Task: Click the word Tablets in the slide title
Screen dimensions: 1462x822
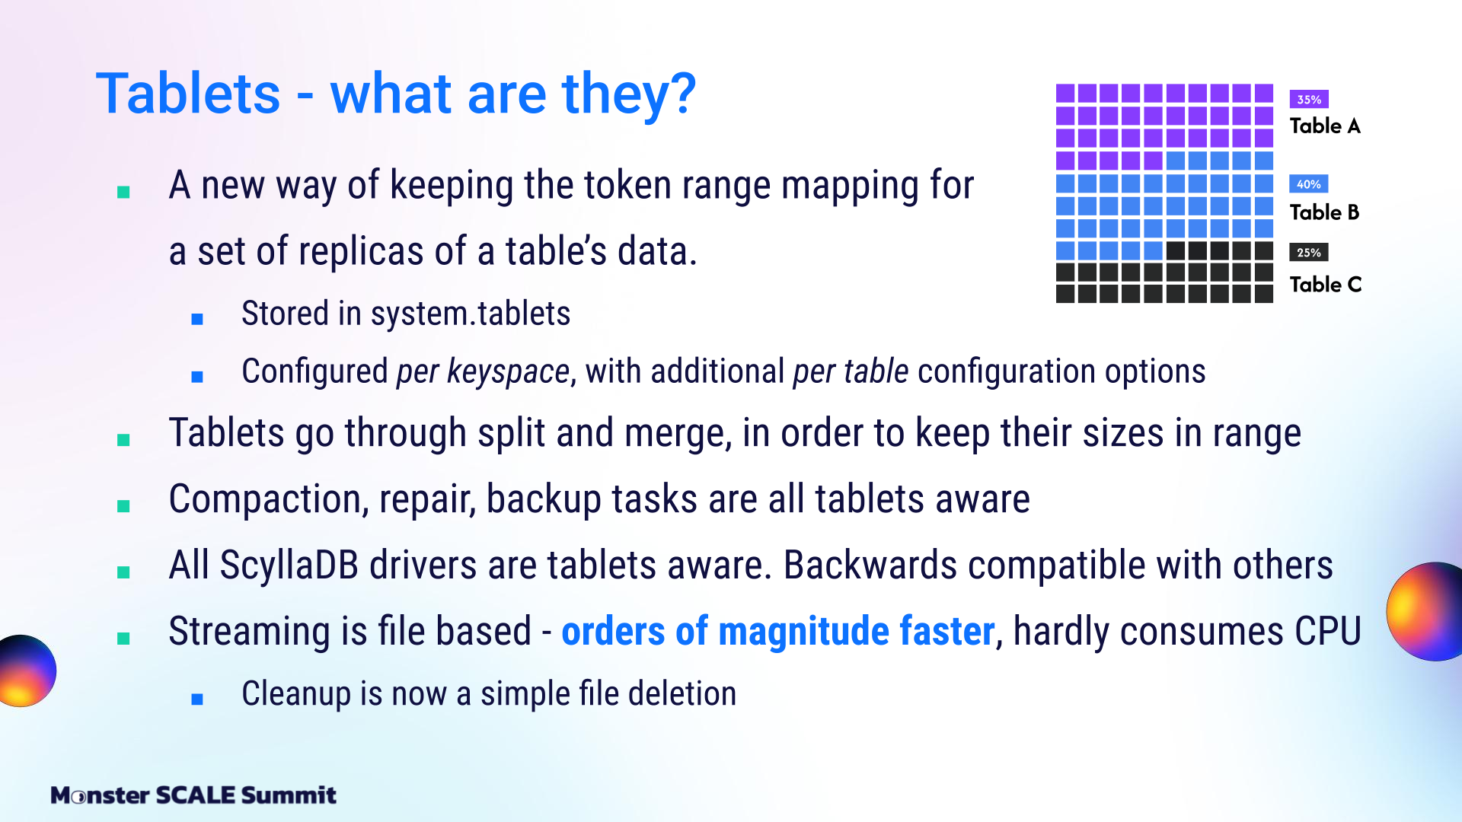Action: (189, 94)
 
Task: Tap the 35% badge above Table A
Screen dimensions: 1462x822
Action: (1309, 99)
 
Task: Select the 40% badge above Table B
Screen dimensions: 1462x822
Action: (1309, 184)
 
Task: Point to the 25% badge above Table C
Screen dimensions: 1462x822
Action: (1309, 253)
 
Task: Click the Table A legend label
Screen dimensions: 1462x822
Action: (1325, 126)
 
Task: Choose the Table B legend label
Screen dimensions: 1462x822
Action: (1325, 212)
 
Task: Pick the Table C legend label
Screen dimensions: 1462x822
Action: (1326, 285)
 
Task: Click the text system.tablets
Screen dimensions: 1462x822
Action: (471, 314)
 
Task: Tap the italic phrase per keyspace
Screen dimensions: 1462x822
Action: (483, 372)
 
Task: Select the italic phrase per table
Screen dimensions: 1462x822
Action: (851, 371)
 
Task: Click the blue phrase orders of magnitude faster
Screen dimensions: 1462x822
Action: (778, 631)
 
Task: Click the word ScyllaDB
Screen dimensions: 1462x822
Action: (289, 566)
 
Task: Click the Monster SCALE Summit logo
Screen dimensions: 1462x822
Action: (193, 795)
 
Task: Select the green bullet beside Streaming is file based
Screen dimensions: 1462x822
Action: (123, 638)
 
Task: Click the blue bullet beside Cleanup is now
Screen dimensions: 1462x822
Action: (197, 699)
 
